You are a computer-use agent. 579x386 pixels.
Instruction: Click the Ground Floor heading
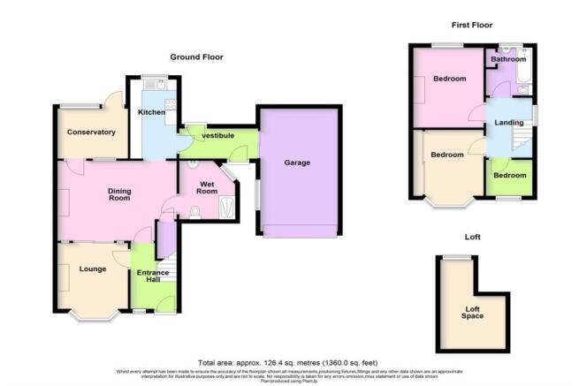[196, 57]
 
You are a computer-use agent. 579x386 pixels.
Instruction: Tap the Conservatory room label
[92, 132]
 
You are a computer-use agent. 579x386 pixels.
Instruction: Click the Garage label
[297, 163]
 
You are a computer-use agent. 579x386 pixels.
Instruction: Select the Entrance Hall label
[153, 278]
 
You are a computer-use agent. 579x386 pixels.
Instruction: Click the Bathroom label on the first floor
[508, 60]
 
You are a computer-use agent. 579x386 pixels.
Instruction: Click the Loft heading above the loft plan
[471, 238]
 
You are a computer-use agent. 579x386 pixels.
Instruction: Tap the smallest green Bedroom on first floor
[509, 175]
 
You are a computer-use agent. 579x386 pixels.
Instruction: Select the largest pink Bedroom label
[450, 79]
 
